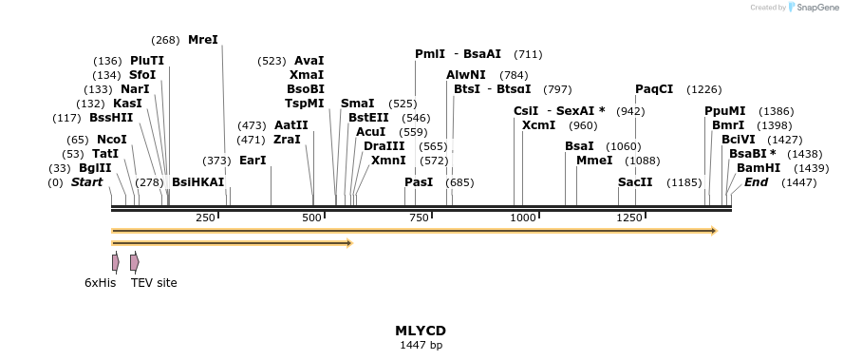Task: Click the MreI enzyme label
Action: click(x=203, y=40)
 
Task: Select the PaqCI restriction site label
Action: click(x=654, y=89)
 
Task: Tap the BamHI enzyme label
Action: click(x=759, y=167)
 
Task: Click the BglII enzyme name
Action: click(x=95, y=168)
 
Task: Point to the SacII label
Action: click(x=635, y=182)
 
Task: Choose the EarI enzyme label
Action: click(x=253, y=161)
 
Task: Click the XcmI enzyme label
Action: click(x=539, y=125)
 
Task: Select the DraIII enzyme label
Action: click(x=384, y=146)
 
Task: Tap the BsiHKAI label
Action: click(x=197, y=182)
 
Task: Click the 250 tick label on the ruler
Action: click(x=206, y=218)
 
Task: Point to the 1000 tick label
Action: click(x=524, y=218)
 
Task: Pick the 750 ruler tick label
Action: click(x=419, y=218)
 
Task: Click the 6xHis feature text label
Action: click(x=100, y=282)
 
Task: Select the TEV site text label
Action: click(x=154, y=282)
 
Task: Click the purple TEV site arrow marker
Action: click(x=135, y=262)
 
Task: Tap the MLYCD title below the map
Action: click(x=421, y=331)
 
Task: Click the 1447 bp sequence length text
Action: click(x=421, y=345)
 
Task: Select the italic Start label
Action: click(x=86, y=182)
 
